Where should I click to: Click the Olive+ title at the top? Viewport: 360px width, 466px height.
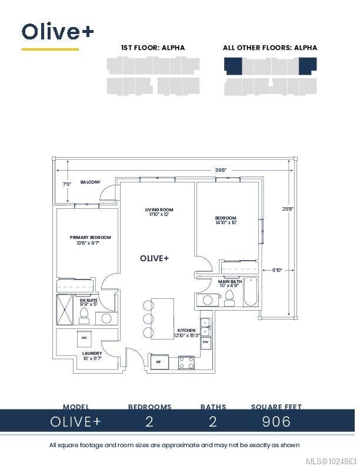tap(57, 31)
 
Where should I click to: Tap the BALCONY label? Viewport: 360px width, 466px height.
tap(90, 182)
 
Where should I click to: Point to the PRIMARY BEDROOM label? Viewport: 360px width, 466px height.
tap(90, 238)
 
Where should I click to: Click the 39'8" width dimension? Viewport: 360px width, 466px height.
tap(221, 170)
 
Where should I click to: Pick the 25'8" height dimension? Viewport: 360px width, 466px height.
tap(288, 208)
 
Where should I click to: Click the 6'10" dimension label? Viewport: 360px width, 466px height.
tap(277, 270)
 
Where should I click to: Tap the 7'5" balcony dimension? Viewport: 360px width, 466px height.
tap(67, 184)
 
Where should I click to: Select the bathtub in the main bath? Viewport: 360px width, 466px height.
tap(251, 292)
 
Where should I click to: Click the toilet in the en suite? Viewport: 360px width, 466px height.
tap(84, 316)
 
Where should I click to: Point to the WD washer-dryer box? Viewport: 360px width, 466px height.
tap(84, 338)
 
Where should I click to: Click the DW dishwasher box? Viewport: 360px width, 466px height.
tap(205, 341)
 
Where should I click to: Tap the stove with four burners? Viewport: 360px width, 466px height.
tap(186, 362)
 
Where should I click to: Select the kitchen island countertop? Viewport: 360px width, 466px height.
tap(163, 318)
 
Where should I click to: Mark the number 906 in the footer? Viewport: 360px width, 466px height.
tap(276, 421)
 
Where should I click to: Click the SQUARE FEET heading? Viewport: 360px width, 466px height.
tap(276, 407)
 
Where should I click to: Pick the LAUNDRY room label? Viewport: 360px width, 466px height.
tap(92, 356)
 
